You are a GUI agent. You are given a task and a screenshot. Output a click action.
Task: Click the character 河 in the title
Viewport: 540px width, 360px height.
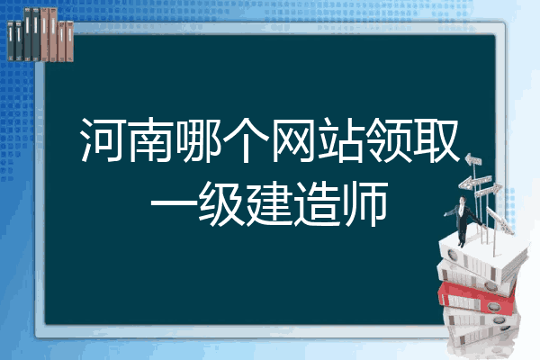[103, 139]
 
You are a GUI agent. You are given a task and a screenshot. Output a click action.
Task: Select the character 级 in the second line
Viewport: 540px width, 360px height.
[222, 204]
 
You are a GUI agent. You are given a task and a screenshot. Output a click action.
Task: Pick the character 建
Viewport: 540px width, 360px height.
[270, 204]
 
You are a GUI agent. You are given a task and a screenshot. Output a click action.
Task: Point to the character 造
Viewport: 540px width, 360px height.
[317, 204]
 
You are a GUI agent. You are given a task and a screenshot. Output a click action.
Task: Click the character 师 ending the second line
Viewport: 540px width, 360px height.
[365, 204]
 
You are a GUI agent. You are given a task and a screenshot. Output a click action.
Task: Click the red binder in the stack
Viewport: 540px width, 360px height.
[476, 297]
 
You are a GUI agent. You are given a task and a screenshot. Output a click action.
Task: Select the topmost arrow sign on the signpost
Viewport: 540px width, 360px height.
[473, 160]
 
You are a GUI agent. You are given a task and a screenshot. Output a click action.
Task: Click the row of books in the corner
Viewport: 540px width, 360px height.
[40, 35]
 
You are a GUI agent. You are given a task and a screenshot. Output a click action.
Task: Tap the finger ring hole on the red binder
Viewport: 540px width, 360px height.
[493, 307]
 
